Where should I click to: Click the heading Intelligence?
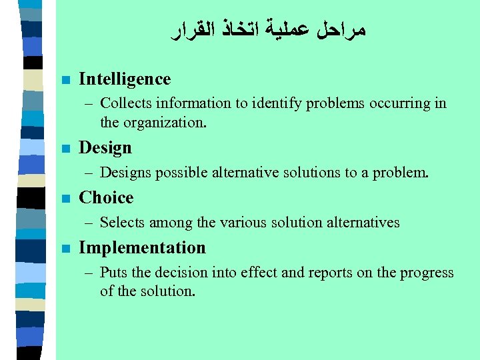click(125, 79)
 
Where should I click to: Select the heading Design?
click(105, 147)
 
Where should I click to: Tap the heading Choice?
click(106, 197)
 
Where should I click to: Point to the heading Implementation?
click(142, 247)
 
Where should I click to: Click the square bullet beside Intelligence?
click(65, 79)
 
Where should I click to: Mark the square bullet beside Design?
click(65, 148)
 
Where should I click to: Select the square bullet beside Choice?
click(65, 198)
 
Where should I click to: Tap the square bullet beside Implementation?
click(65, 248)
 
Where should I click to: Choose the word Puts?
click(112, 273)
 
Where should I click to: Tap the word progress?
click(426, 273)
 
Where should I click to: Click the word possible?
click(182, 173)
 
